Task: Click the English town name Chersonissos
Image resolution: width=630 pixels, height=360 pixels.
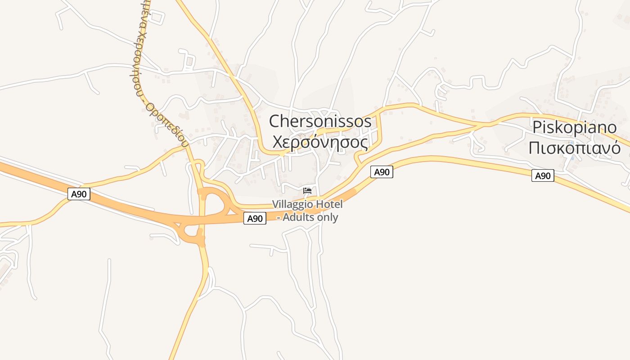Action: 320,121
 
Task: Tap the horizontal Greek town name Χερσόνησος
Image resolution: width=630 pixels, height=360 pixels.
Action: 320,142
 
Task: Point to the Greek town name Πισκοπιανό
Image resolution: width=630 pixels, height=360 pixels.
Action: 574,148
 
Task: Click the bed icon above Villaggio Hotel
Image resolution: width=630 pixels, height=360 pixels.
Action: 307,191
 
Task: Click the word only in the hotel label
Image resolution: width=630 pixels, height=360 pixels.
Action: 328,217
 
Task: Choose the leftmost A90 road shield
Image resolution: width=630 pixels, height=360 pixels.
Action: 79,194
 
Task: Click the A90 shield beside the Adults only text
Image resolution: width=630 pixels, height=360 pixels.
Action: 255,219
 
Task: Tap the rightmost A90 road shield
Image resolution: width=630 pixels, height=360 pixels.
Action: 543,175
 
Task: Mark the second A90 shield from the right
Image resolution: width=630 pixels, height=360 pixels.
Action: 382,171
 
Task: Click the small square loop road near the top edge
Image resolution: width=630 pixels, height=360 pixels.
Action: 157,18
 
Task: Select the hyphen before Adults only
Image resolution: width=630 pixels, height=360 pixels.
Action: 279,218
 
